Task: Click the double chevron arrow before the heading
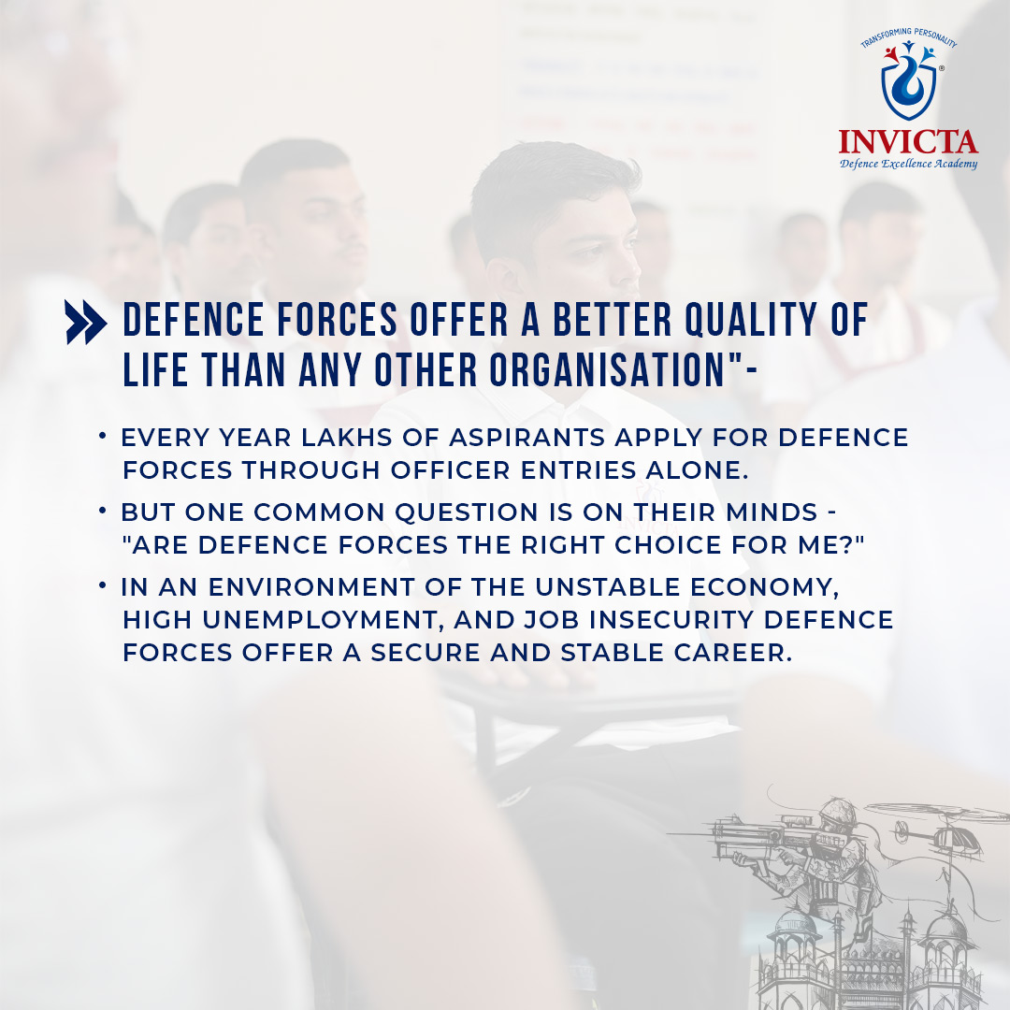tap(86, 322)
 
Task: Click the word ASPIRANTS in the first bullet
tap(527, 438)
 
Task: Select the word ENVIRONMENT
tap(311, 587)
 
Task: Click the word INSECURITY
tap(671, 620)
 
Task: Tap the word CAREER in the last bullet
tap(733, 653)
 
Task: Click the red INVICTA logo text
tap(908, 142)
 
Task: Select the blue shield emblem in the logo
tap(909, 84)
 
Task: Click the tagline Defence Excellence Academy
tap(908, 164)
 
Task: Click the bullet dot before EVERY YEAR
tap(103, 436)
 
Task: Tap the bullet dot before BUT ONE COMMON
tap(103, 511)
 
